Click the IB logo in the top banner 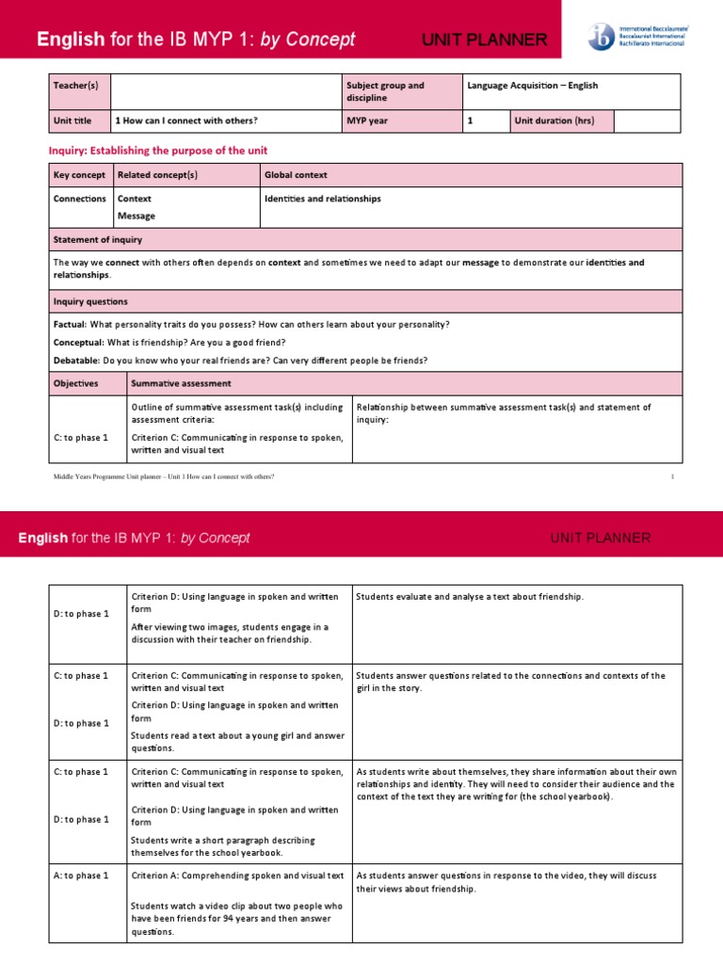601,38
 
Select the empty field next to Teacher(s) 226,91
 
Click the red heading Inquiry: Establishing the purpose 157,151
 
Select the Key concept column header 79,175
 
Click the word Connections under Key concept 79,199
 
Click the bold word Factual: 71,324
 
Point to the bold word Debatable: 76,361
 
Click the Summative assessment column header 181,383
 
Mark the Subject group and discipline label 385,91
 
